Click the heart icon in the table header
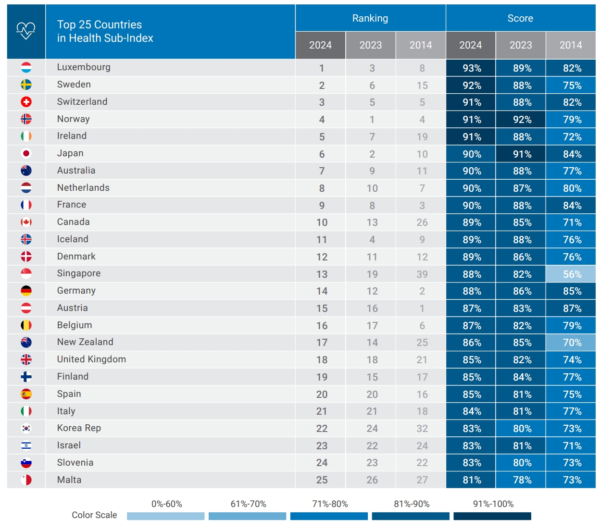pos(26,31)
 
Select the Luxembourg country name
pos(84,67)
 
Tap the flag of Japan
pos(26,153)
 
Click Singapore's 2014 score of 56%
pos(572,274)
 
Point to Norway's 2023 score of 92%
pos(522,120)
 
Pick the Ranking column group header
pos(370,18)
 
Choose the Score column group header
pos(520,18)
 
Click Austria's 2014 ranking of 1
pos(422,308)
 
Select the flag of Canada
pos(26,222)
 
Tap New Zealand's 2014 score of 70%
pos(572,343)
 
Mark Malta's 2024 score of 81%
pos(472,480)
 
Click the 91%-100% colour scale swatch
pos(492,516)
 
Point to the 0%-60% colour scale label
pos(167,504)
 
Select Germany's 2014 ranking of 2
pos(422,291)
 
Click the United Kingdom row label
pos(91,359)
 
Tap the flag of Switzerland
pos(26,102)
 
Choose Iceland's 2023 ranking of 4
pos(372,240)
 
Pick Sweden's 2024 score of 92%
pos(472,86)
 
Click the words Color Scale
pos(94,515)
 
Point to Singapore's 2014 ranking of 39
pos(422,274)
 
